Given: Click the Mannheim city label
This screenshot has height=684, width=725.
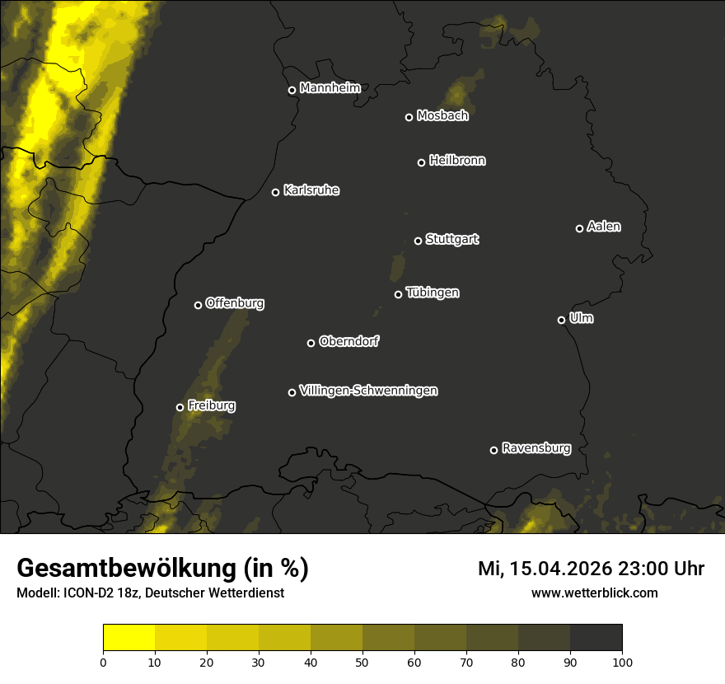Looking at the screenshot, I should point(330,88).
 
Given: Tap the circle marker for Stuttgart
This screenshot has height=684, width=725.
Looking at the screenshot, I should point(418,241).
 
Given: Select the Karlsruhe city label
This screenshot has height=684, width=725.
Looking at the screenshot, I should point(311,190).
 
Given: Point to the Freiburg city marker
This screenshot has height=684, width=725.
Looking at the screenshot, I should point(180,407).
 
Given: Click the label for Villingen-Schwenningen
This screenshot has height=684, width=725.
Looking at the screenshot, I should point(368,391).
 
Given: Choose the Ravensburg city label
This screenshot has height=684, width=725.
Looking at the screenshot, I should point(536,448).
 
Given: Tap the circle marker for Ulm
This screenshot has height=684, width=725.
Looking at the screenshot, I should point(561,320).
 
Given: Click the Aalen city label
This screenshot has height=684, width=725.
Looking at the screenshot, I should point(604,227).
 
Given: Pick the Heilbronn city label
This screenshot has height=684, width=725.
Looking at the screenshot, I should point(457,161).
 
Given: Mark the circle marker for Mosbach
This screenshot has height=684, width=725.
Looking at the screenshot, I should point(409,117).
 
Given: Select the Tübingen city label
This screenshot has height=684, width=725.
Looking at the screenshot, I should point(433,293).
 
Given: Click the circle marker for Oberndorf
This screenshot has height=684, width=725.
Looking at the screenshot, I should point(311,343).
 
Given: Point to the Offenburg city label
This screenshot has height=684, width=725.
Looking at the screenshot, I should point(235,303).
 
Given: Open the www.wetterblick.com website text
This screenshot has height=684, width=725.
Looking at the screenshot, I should point(594,593).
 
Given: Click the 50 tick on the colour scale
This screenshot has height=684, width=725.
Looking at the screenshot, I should point(362,661).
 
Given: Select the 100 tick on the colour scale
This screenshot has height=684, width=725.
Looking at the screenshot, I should point(622,661).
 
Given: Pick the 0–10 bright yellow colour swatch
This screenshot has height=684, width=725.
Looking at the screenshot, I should point(129,638).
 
